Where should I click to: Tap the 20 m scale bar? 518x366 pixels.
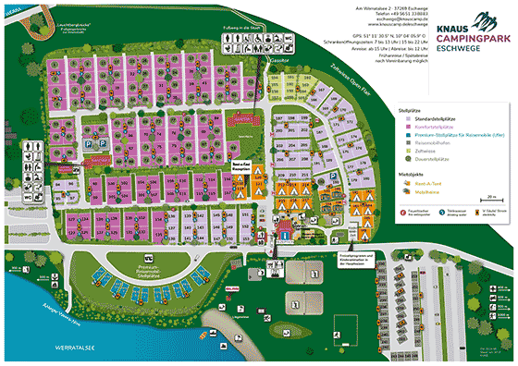point(491,199)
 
